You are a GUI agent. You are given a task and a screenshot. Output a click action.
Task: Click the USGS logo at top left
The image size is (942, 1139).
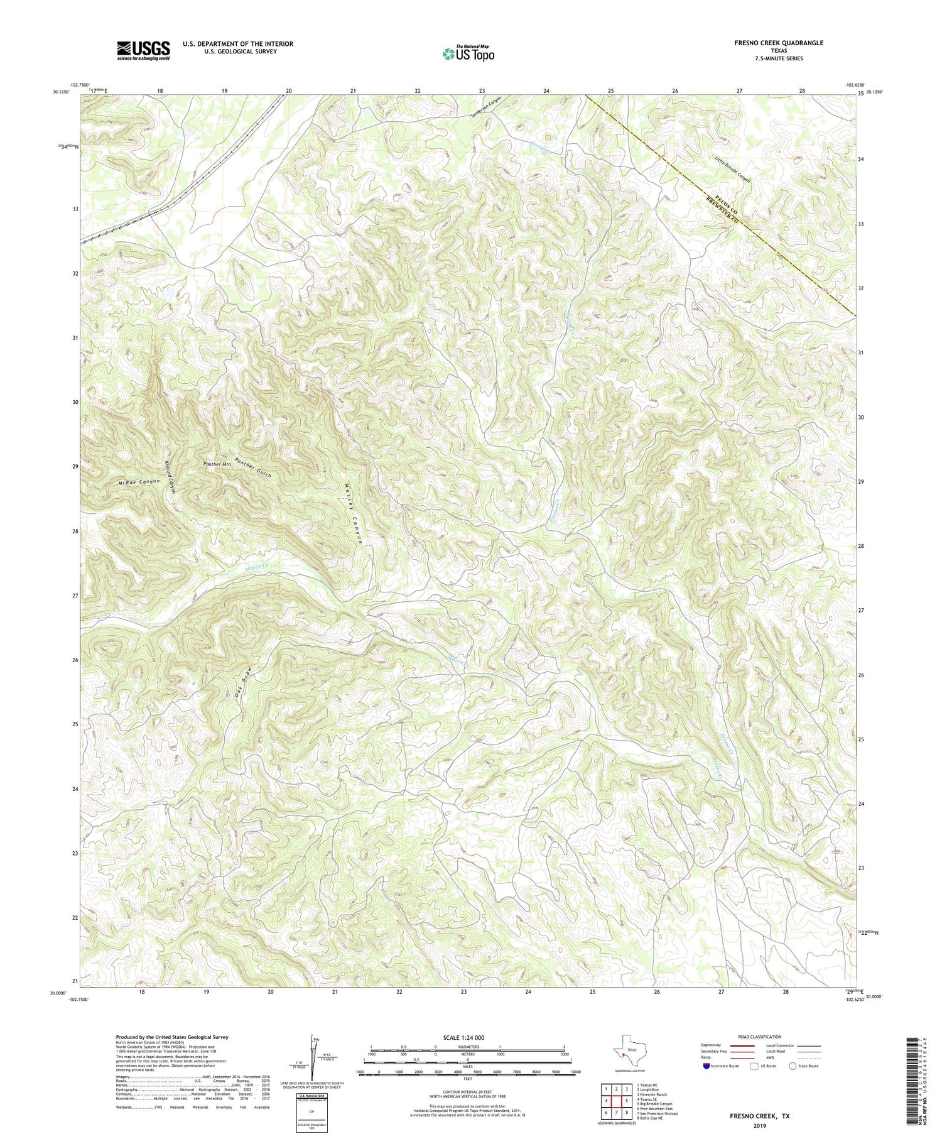pyautogui.click(x=143, y=50)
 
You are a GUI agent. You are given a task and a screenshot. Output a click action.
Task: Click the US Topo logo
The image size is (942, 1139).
pyautogui.click(x=468, y=54)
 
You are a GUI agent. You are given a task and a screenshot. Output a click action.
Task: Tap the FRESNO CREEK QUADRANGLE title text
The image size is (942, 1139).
pyautogui.click(x=779, y=43)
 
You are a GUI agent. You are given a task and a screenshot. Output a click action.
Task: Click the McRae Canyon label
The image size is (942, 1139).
pyautogui.click(x=139, y=482)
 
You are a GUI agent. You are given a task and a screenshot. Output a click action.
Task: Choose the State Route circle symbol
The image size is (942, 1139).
pyautogui.click(x=793, y=1066)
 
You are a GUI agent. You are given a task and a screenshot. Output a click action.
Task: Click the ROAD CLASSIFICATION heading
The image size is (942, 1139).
pyautogui.click(x=759, y=1037)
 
